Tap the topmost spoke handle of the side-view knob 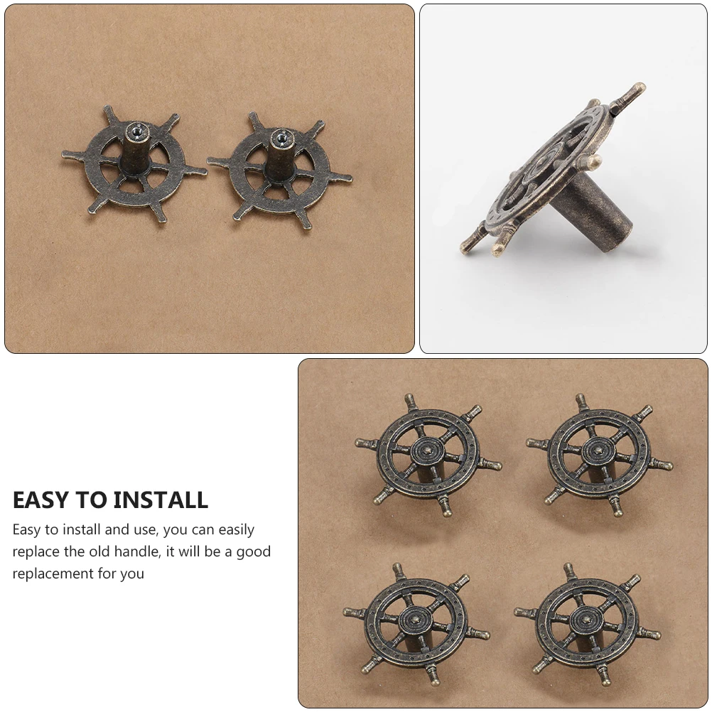628,95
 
